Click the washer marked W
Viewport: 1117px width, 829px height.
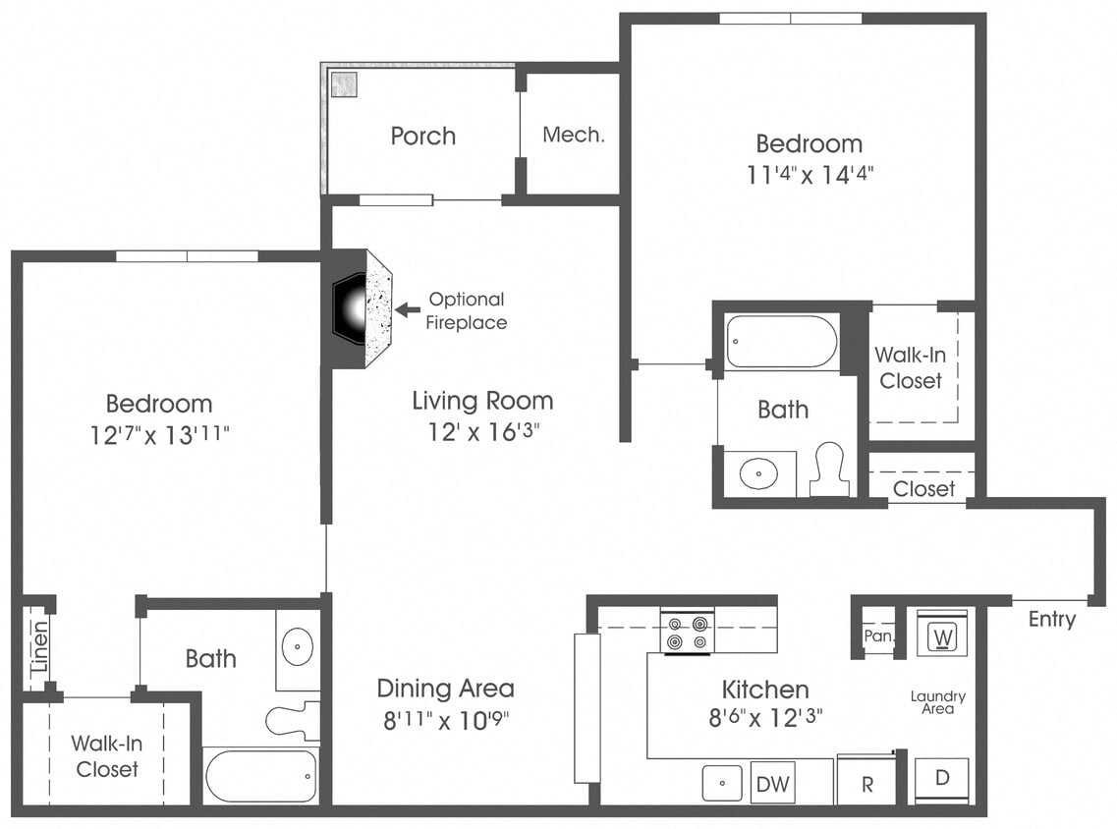pos(942,636)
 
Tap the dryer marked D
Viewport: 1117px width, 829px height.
pos(941,779)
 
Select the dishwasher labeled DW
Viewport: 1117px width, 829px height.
pos(772,784)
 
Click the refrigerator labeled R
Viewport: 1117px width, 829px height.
pos(866,784)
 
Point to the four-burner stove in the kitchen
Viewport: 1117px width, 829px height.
pos(687,633)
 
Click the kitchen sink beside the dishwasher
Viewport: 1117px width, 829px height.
pos(724,784)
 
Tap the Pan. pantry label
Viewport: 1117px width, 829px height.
pos(878,636)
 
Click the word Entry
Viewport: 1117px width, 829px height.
pos(1051,620)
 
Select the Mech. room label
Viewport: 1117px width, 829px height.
pos(573,136)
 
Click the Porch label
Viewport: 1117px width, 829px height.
pos(422,136)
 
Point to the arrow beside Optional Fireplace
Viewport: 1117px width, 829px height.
pos(407,309)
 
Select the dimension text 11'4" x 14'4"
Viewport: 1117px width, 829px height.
pos(809,175)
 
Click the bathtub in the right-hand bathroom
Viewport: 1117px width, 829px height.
pos(782,342)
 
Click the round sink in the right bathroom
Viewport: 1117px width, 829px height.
pos(757,475)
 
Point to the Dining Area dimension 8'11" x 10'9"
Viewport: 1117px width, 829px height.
pos(445,720)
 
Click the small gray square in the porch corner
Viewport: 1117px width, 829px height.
pos(342,84)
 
